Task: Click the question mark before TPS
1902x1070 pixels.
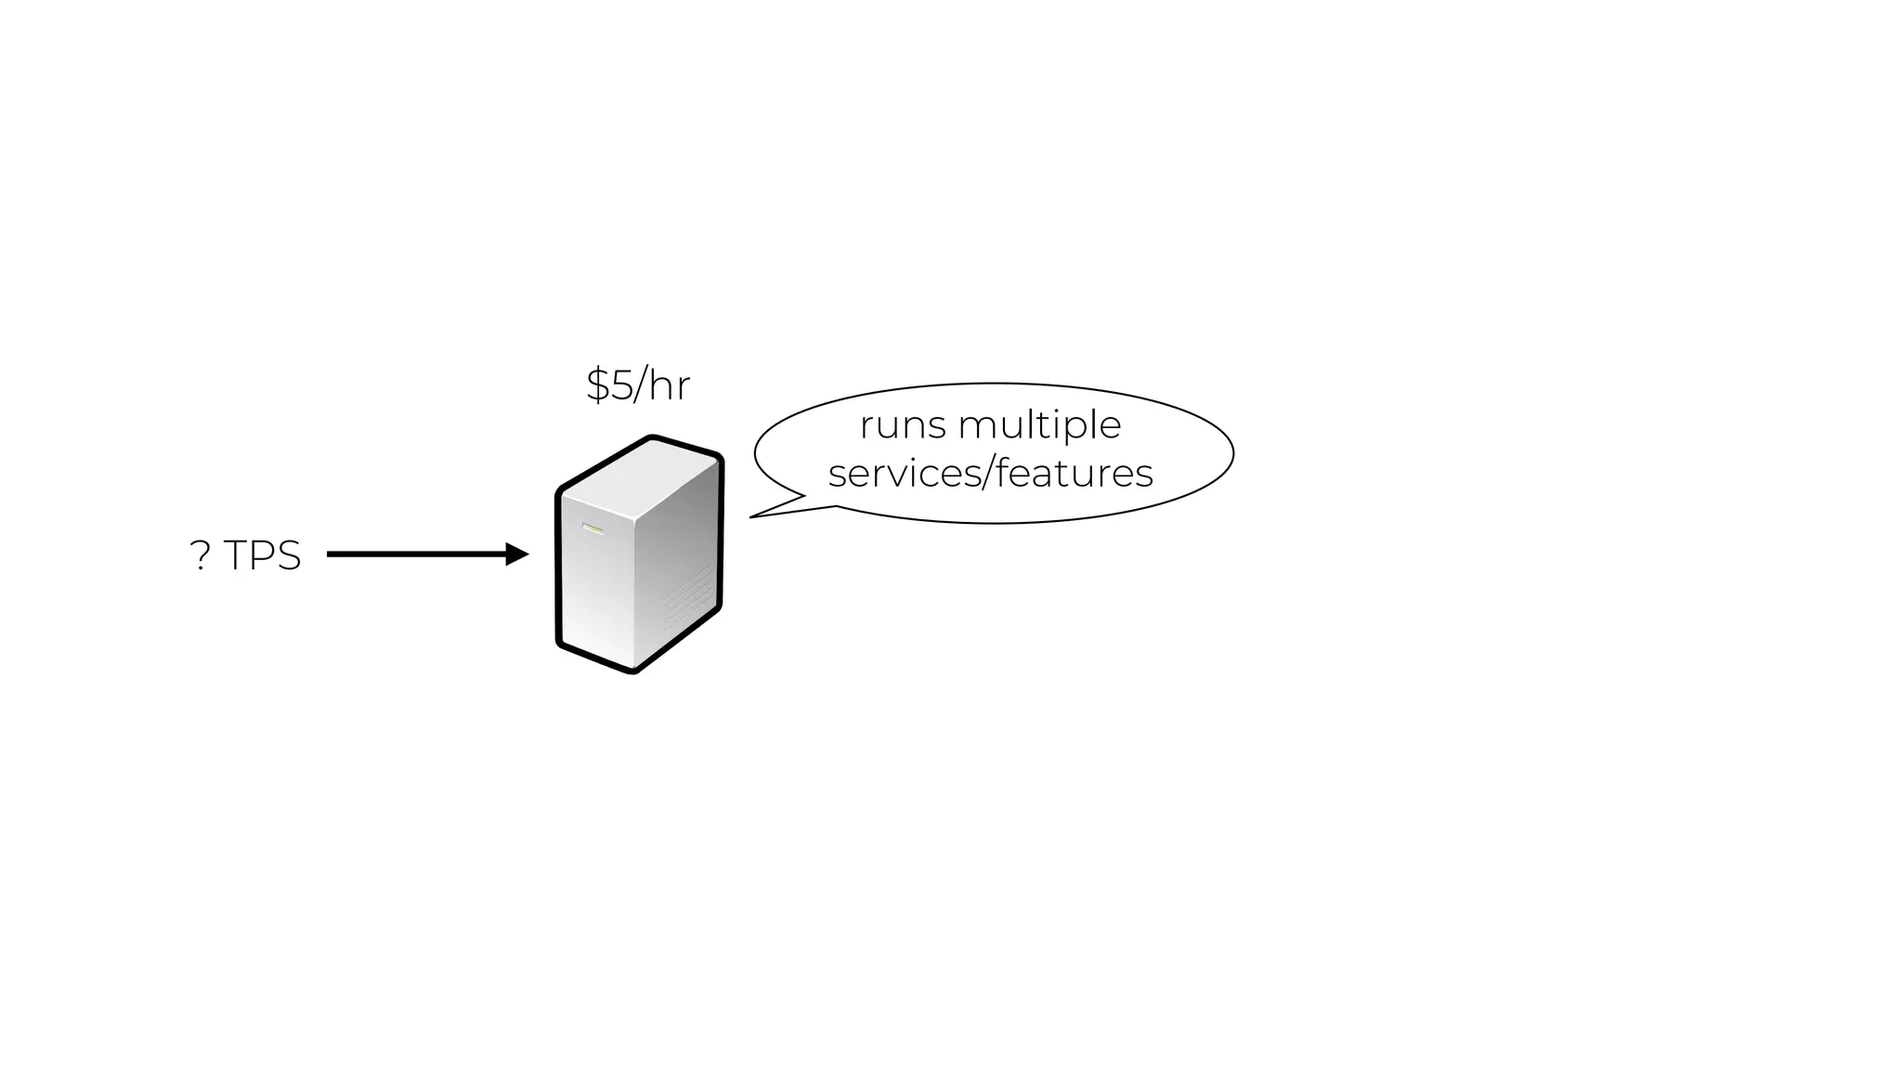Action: pyautogui.click(x=200, y=556)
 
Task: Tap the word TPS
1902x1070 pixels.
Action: pyautogui.click(x=263, y=556)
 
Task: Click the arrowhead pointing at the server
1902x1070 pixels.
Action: pyautogui.click(x=516, y=555)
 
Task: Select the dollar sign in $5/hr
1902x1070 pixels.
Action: pyautogui.click(x=598, y=385)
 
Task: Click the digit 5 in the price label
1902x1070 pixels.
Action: pyautogui.click(x=621, y=385)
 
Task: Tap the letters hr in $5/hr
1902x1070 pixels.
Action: pyautogui.click(x=670, y=385)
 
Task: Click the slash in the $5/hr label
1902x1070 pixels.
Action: pyautogui.click(x=641, y=385)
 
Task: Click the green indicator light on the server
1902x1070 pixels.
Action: pyautogui.click(x=593, y=528)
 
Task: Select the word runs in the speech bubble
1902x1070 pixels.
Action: pyautogui.click(x=903, y=426)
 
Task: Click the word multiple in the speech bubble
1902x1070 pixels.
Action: pyautogui.click(x=1039, y=426)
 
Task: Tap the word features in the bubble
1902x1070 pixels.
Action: pyautogui.click(x=1075, y=474)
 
